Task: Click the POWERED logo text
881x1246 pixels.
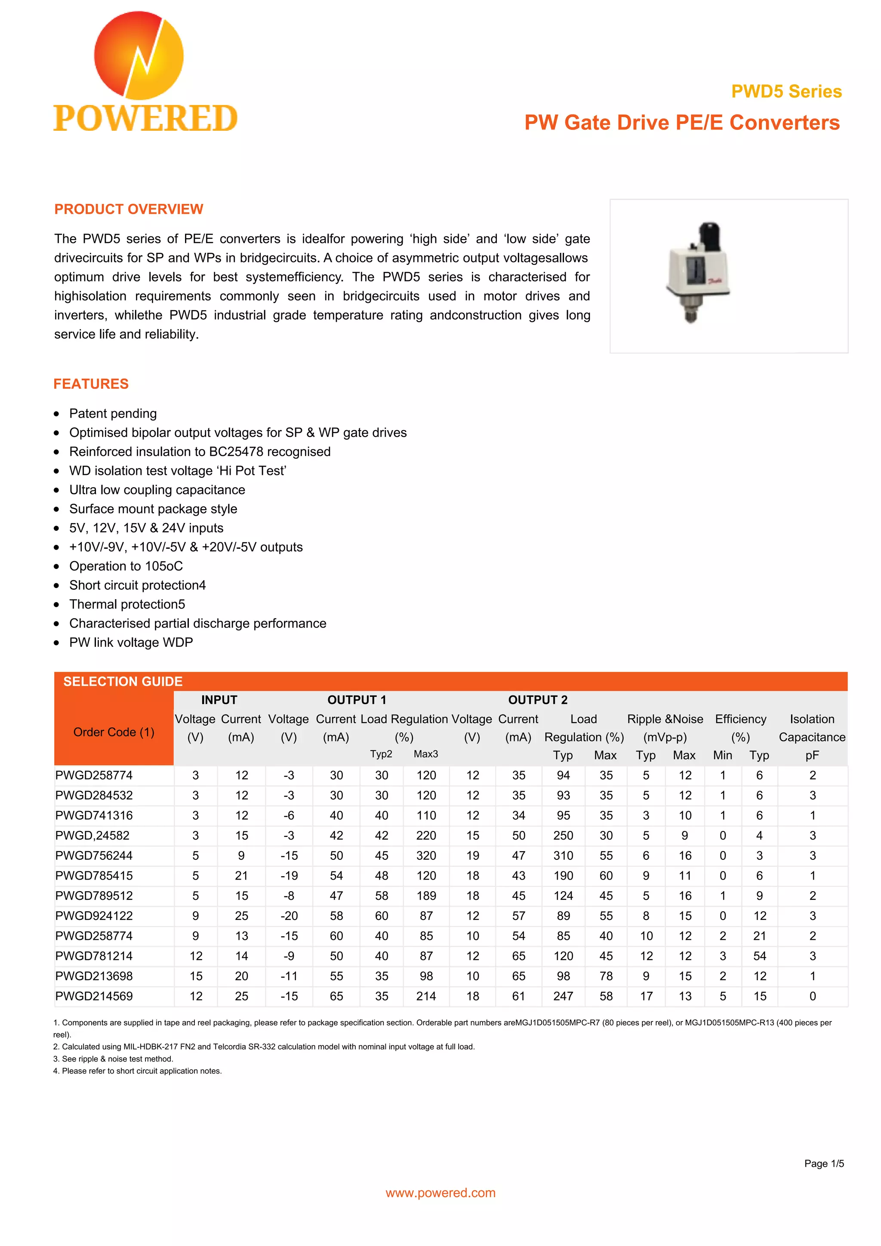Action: [x=145, y=119]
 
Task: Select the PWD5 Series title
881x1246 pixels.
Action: [x=786, y=91]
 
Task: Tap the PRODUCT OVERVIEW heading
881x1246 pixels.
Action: [x=129, y=209]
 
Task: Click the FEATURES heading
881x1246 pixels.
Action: [x=91, y=384]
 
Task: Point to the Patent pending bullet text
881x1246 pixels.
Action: [x=113, y=413]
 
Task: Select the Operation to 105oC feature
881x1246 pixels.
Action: [x=126, y=566]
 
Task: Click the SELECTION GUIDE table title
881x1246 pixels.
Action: [x=123, y=681]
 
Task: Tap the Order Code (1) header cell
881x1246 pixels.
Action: [x=114, y=732]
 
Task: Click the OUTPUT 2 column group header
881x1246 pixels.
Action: [x=537, y=700]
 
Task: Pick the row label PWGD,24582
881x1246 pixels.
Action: [x=92, y=835]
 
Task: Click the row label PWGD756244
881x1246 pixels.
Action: [x=94, y=855]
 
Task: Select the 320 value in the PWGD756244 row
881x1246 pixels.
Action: [x=426, y=855]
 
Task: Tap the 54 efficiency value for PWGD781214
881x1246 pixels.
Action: [x=759, y=956]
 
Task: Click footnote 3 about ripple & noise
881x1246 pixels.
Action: [x=113, y=1059]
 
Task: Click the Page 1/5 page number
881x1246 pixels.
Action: [x=823, y=1163]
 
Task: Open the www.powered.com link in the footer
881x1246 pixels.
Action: [x=440, y=1192]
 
